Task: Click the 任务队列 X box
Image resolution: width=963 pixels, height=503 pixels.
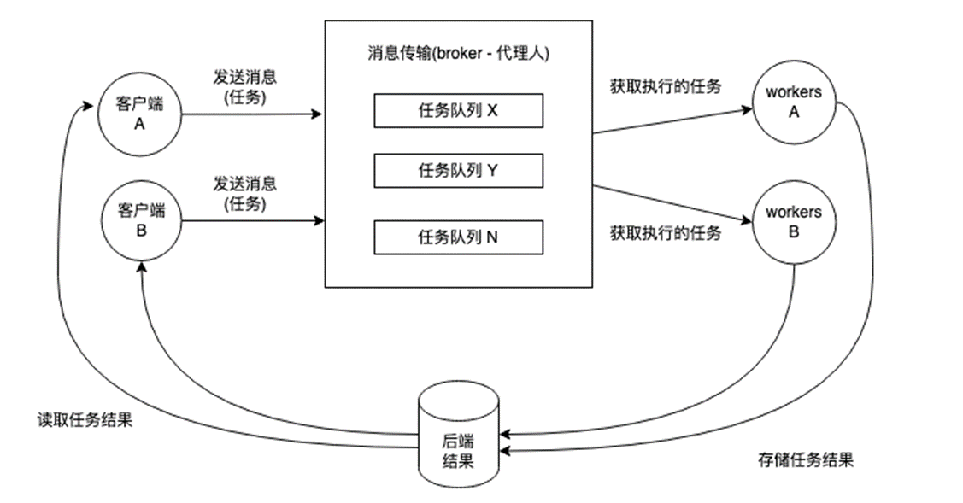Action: point(458,111)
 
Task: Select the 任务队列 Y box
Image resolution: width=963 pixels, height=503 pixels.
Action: point(458,171)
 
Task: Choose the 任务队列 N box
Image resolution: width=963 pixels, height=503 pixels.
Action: point(458,237)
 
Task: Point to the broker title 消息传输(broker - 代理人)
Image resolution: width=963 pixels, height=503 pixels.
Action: point(457,53)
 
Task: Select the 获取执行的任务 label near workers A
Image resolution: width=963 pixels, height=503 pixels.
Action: point(666,85)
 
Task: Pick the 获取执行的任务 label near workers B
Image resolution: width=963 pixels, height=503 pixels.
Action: point(666,233)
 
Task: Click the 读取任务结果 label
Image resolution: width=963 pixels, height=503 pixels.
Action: point(84,421)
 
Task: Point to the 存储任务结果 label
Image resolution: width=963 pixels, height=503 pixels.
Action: point(805,460)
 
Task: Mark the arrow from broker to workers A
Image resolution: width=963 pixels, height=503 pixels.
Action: point(672,120)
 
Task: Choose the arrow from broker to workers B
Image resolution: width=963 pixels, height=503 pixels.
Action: point(672,202)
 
